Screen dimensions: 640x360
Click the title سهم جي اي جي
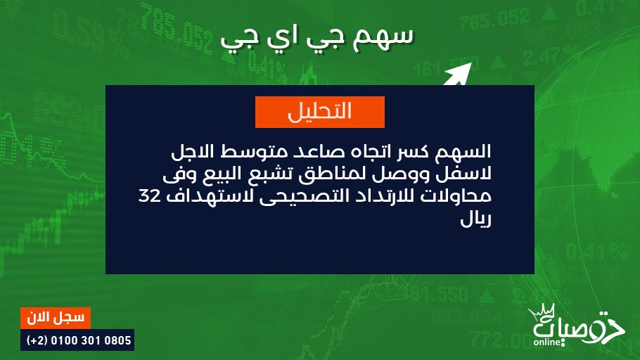pos(317,39)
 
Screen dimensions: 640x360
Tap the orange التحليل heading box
pos(319,112)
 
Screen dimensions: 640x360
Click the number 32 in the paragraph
pos(149,196)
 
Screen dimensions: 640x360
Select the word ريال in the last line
pos(475,219)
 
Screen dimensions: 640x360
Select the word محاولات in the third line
pos(456,197)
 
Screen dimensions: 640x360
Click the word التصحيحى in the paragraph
pos(301,197)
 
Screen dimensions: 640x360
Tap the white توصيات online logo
pos(576,326)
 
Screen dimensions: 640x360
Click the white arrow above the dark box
pos(458,75)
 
